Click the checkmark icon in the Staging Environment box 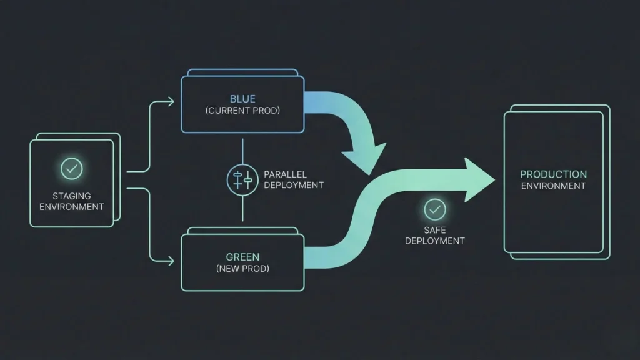[71, 168]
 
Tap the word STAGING [71, 196]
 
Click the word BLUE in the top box [242, 99]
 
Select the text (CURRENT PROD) [242, 111]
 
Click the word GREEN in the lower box [242, 257]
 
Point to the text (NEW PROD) [242, 269]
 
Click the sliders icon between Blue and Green [242, 179]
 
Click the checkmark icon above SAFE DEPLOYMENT [434, 209]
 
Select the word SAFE [434, 230]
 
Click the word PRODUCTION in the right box [553, 174]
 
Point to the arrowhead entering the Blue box [171, 102]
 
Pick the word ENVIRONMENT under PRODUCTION [553, 186]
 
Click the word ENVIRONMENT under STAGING [71, 206]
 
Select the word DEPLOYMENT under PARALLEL [294, 185]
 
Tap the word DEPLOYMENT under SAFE [434, 241]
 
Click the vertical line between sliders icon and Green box [242, 209]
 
